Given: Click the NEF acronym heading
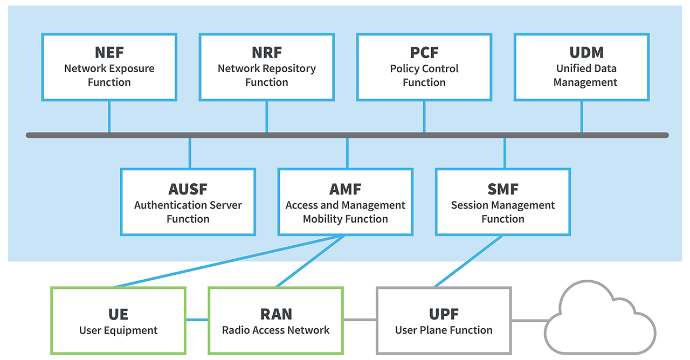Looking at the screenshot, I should [x=109, y=53].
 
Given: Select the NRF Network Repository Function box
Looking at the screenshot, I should [x=267, y=67].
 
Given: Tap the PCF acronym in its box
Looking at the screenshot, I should [x=424, y=53].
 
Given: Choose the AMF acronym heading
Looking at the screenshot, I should [x=346, y=190].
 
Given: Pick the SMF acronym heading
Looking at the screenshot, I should [x=503, y=190].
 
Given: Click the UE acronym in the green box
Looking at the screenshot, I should [x=118, y=314].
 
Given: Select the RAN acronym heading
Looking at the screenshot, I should [x=276, y=314].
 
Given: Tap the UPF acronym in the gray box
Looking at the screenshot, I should [x=444, y=314].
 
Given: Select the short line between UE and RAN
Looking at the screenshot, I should [x=197, y=320].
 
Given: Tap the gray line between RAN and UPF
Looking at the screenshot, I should [x=360, y=320].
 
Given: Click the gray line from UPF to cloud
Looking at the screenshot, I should [x=528, y=321].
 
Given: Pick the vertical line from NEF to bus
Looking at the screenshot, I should [x=109, y=116].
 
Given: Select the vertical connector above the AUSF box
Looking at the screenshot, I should [x=190, y=153].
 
